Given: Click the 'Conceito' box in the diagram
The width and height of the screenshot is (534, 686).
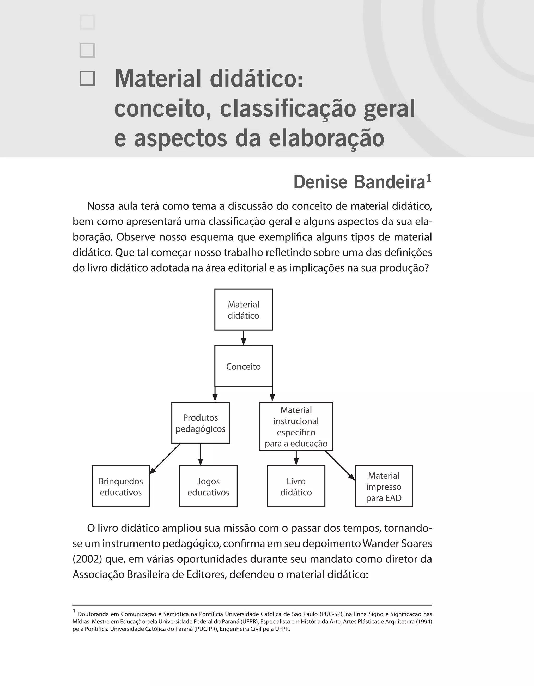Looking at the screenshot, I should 244,366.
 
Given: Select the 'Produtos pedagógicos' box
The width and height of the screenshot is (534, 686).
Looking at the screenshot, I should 201,423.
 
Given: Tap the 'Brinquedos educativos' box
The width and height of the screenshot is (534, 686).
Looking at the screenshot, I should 121,487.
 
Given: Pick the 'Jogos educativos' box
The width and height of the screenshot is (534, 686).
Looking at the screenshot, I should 208,487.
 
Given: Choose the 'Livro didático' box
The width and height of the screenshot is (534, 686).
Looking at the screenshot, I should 296,487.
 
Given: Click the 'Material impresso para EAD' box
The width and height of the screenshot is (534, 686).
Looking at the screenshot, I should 384,487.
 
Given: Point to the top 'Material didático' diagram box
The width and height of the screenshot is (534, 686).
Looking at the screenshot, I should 244,310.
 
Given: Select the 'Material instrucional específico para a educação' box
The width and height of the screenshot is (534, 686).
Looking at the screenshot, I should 296,426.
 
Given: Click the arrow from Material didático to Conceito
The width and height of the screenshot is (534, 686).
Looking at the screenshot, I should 244,338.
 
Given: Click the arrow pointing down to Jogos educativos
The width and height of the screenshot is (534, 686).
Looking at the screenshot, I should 201,454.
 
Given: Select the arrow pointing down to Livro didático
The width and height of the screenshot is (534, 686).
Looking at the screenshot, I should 296,458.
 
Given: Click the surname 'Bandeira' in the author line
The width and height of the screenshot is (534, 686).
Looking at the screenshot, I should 390,183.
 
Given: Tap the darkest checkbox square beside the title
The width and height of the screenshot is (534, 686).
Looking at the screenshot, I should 87,78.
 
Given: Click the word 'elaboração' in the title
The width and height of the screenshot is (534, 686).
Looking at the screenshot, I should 326,138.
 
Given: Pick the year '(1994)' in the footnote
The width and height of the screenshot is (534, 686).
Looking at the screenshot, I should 424,621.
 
